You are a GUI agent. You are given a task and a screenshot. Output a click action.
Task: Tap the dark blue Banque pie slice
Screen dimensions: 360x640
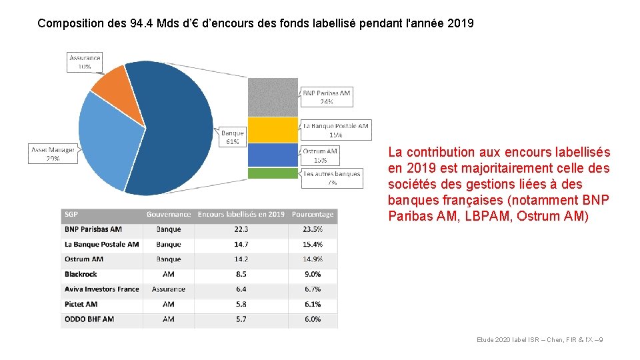pyautogui.click(x=177, y=127)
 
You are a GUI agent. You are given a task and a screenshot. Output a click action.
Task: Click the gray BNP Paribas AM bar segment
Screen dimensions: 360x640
pyautogui.click(x=273, y=97)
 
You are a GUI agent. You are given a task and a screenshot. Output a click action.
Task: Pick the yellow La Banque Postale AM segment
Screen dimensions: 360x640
pyautogui.click(x=273, y=130)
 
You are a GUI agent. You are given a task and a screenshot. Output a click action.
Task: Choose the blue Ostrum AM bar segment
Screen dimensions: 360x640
pyautogui.click(x=273, y=155)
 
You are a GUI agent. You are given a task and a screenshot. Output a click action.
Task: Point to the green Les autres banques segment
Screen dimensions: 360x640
pyautogui.click(x=273, y=173)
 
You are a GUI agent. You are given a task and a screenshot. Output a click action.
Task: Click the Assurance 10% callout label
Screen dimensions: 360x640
pyautogui.click(x=85, y=62)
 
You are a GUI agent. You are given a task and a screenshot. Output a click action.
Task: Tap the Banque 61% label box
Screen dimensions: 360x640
pyautogui.click(x=232, y=137)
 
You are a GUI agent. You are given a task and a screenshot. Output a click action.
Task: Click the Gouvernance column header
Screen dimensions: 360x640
pyautogui.click(x=168, y=215)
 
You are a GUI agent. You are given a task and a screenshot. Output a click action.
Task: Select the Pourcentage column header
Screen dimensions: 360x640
pyautogui.click(x=312, y=215)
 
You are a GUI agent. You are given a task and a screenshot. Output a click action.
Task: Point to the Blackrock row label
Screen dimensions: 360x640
pyautogui.click(x=81, y=274)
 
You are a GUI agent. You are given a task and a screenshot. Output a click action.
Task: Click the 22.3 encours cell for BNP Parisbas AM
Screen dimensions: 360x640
pyautogui.click(x=241, y=229)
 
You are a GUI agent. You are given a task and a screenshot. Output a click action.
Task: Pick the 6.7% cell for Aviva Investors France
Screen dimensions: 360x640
pyautogui.click(x=312, y=289)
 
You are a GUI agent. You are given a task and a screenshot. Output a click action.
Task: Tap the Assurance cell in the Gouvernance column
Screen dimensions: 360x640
pyautogui.click(x=168, y=289)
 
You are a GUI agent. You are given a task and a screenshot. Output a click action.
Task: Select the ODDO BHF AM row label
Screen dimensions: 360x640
pyautogui.click(x=89, y=319)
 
